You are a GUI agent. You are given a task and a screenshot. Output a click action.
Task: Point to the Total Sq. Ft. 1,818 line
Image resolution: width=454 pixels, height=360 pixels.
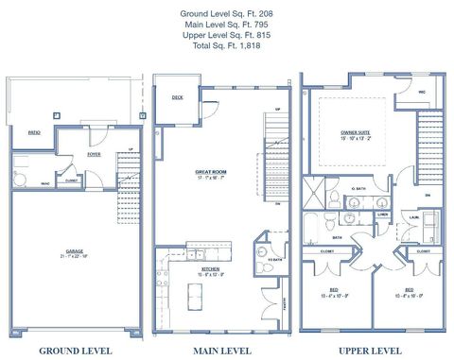click(x=227, y=45)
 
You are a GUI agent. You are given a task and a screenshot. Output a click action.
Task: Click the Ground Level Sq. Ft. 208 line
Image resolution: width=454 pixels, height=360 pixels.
click(x=227, y=14)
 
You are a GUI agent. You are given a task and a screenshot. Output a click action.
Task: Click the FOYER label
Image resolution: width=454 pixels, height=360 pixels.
click(x=95, y=152)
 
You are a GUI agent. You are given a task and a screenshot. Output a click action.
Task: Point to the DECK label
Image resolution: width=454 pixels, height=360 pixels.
click(x=177, y=97)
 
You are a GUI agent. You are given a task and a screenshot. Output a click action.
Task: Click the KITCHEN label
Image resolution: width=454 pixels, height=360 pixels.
click(x=210, y=270)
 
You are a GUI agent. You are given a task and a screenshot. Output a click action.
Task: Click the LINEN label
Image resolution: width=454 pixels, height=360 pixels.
click(x=383, y=214)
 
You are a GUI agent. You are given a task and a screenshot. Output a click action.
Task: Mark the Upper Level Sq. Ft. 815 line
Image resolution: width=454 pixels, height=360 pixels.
click(x=227, y=35)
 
